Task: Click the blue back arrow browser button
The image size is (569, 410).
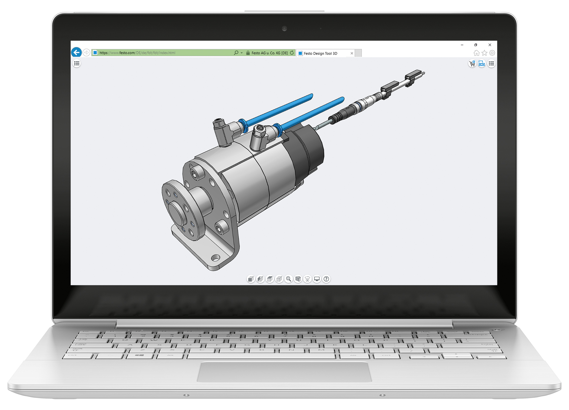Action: (x=77, y=52)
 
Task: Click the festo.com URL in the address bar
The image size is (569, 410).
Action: (x=137, y=53)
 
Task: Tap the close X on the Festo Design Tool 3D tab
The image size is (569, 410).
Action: (x=352, y=53)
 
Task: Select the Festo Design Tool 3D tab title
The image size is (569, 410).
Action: (x=320, y=53)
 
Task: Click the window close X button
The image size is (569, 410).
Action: (x=490, y=45)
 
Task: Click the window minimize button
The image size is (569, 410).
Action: (x=462, y=45)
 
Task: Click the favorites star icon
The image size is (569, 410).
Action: (x=484, y=53)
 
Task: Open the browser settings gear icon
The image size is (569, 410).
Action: (x=492, y=53)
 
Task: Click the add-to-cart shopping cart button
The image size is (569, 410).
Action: (x=472, y=64)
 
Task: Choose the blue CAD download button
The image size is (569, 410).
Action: (x=481, y=64)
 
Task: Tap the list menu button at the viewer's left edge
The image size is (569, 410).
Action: (x=77, y=64)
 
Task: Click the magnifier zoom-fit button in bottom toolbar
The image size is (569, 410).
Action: (x=289, y=279)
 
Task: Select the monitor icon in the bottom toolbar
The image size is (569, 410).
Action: (x=317, y=279)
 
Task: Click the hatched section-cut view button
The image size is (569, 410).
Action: (x=298, y=279)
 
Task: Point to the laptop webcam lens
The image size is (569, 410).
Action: (x=284, y=29)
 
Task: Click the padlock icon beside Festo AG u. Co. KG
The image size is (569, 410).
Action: (x=248, y=53)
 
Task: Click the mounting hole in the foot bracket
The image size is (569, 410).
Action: (x=215, y=258)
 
